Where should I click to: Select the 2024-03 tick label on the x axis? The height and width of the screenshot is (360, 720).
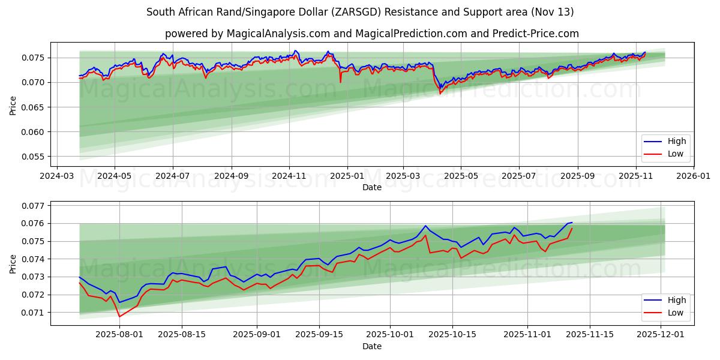[x=56, y=176]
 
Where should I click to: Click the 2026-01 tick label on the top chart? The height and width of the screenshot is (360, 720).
[x=693, y=176]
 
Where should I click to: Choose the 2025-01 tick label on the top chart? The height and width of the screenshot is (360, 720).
[x=346, y=176]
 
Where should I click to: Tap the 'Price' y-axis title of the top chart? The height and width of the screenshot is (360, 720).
[x=13, y=106]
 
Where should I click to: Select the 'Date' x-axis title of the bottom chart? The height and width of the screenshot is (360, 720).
[x=372, y=347]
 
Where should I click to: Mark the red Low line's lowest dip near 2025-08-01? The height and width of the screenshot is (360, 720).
[x=119, y=316]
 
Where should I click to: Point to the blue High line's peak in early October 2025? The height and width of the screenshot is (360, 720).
[x=425, y=226]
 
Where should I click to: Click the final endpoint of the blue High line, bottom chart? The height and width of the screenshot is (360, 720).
[x=572, y=223]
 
